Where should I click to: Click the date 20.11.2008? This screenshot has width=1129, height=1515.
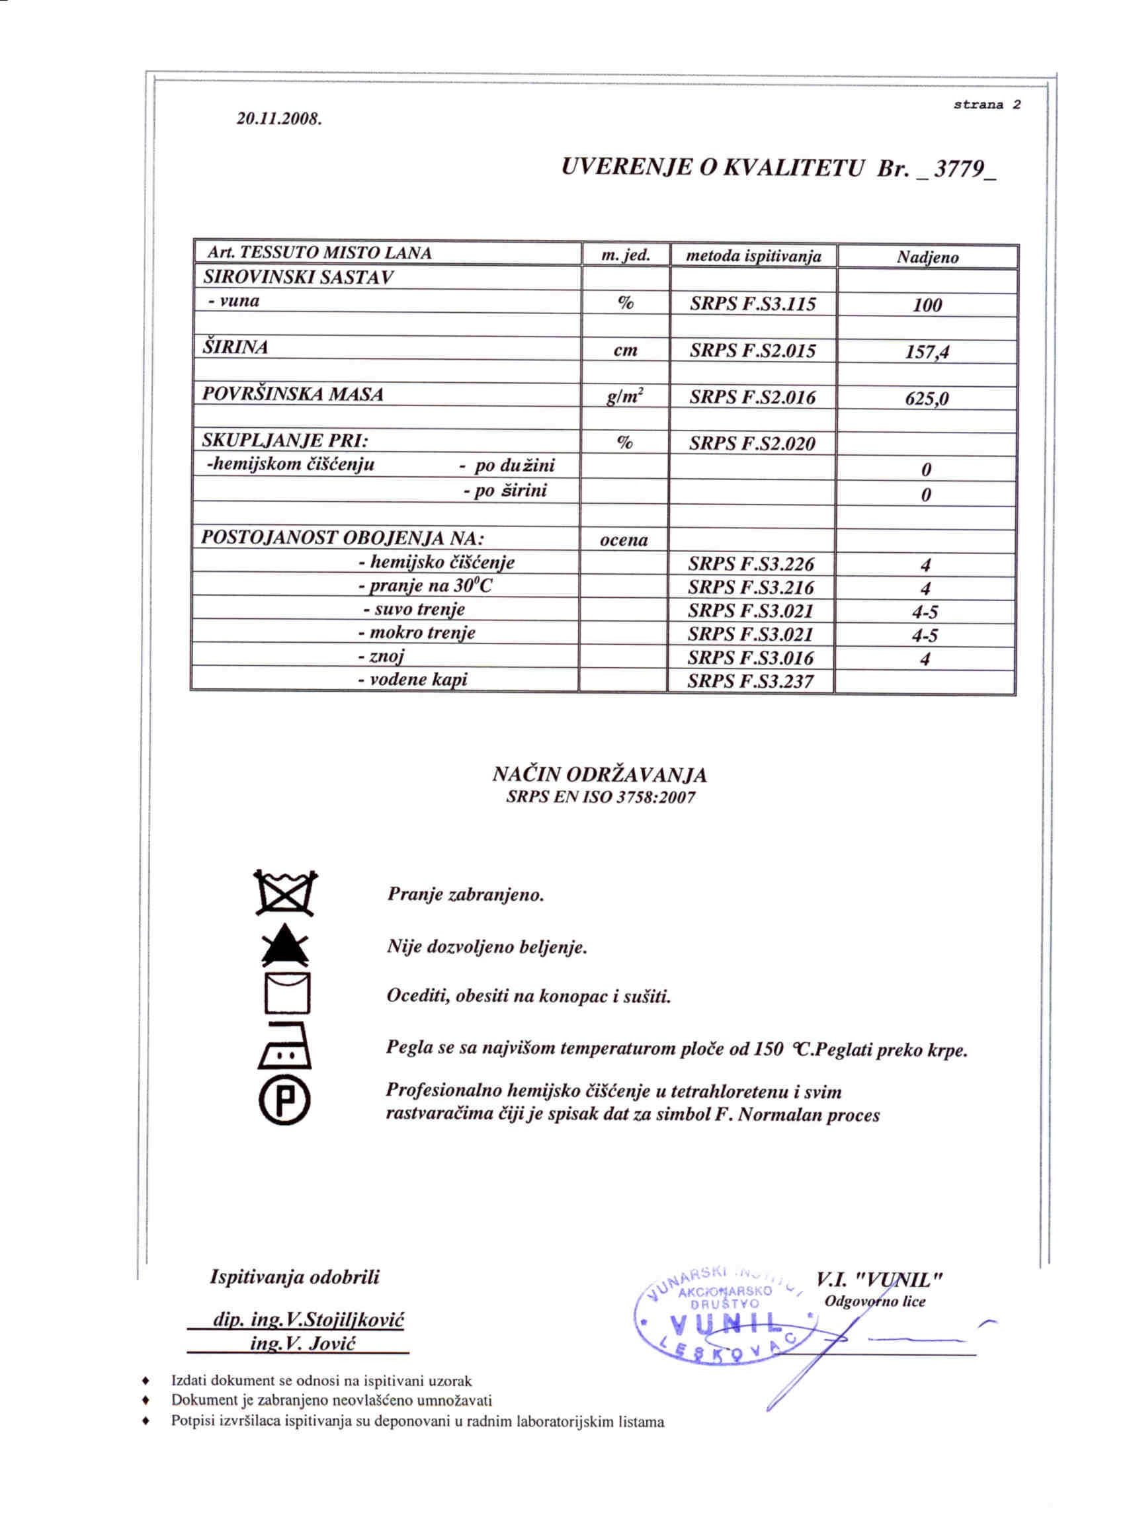point(279,119)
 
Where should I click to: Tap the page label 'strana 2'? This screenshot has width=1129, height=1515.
point(987,104)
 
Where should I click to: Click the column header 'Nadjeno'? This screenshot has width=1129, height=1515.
point(927,257)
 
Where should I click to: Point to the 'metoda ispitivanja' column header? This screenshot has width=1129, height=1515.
point(753,257)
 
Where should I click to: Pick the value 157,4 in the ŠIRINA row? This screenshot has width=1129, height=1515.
point(927,352)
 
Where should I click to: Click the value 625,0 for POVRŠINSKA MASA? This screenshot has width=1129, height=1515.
point(927,398)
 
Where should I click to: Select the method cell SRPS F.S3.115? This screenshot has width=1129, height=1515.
point(753,304)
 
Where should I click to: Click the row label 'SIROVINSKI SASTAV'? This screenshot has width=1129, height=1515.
point(298,278)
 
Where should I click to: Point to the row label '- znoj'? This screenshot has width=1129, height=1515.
point(381,657)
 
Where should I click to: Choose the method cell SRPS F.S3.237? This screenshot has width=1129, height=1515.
point(751,681)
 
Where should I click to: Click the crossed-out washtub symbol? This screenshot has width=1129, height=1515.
point(286,893)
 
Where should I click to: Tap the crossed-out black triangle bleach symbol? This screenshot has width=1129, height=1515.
point(285,947)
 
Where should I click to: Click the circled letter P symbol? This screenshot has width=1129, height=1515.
point(285,1100)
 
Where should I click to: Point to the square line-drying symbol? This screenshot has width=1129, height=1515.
point(288,992)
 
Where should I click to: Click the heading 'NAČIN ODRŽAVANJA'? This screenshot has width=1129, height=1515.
point(599,775)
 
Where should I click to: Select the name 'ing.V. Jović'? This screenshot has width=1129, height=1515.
point(303,1344)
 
